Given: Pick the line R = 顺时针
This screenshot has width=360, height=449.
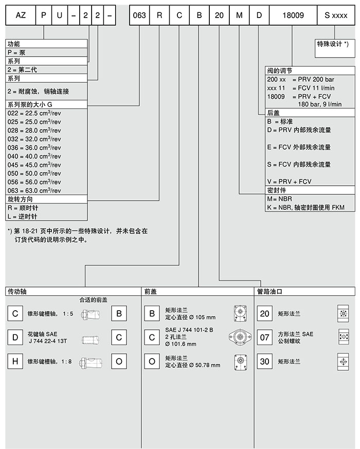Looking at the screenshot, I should [23, 207].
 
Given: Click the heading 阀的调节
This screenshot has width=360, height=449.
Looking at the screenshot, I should [280, 70].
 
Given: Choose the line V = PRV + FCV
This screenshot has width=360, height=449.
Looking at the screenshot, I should [289, 182].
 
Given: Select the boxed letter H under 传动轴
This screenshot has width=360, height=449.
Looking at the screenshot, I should [15, 362].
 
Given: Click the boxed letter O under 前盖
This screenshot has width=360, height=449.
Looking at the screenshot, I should [152, 362].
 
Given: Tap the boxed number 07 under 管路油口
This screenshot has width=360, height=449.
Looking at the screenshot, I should [264, 337].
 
